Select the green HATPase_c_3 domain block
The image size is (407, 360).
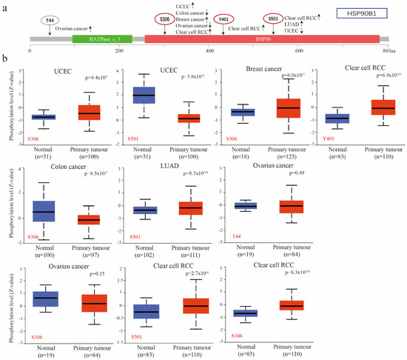(x=112, y=38)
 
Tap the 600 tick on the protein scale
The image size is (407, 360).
(x=300, y=50)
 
